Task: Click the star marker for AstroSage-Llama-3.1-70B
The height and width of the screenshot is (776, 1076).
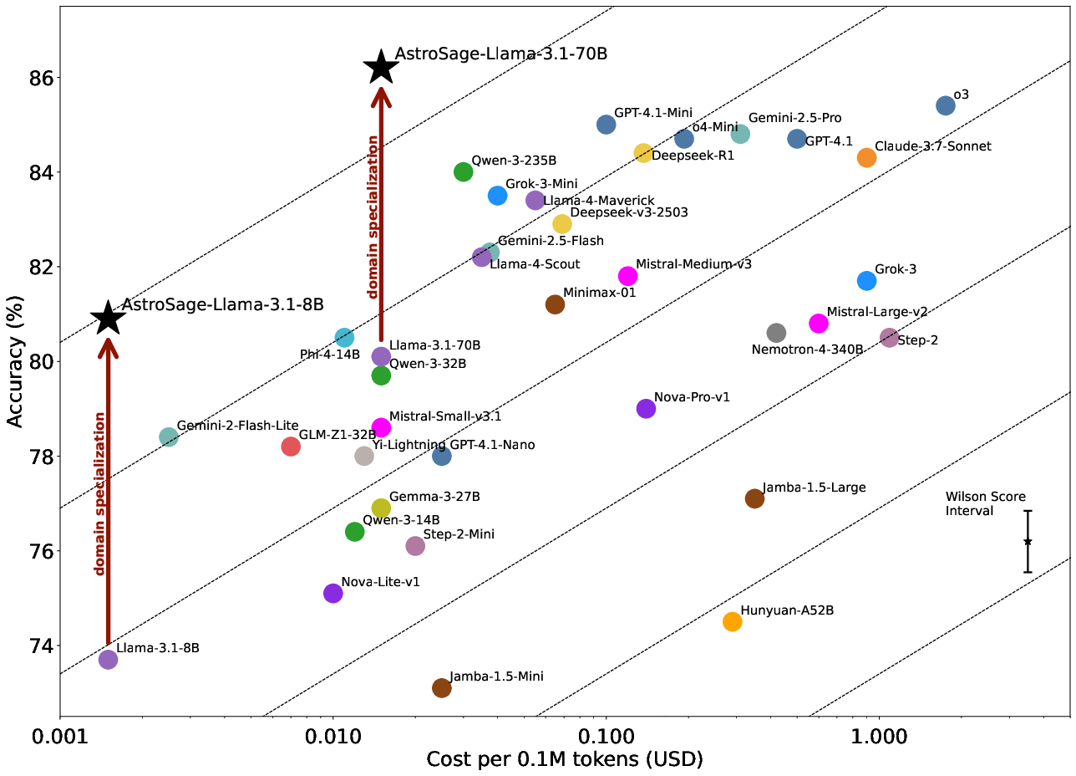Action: click(x=381, y=67)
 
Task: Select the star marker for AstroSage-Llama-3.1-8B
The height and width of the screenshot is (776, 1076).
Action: click(x=108, y=318)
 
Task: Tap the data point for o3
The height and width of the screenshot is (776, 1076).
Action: click(x=946, y=105)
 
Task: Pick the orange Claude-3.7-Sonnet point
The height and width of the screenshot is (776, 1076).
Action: click(x=866, y=157)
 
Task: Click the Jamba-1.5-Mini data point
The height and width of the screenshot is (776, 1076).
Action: click(x=442, y=687)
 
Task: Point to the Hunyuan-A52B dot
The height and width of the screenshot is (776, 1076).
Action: click(x=732, y=621)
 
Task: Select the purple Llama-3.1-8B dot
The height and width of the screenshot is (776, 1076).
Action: click(x=108, y=659)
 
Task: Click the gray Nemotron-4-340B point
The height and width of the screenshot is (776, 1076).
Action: click(x=776, y=333)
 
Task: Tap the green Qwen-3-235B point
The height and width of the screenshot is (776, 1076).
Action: click(x=464, y=171)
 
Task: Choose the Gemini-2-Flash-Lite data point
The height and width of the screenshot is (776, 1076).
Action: click(x=169, y=436)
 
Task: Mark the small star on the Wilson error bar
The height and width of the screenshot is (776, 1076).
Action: click(x=1028, y=542)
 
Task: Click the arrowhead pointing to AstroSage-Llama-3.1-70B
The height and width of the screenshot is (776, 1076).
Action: click(x=381, y=97)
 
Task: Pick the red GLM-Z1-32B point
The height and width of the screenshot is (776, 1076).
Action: click(x=291, y=447)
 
